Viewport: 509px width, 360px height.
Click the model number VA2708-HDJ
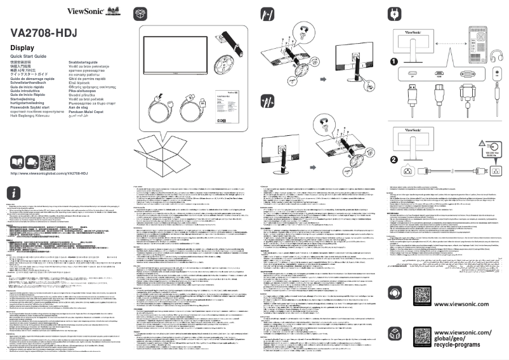(45, 34)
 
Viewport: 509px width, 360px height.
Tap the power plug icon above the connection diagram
(395, 13)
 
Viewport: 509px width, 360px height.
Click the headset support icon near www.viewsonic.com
(397, 294)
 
